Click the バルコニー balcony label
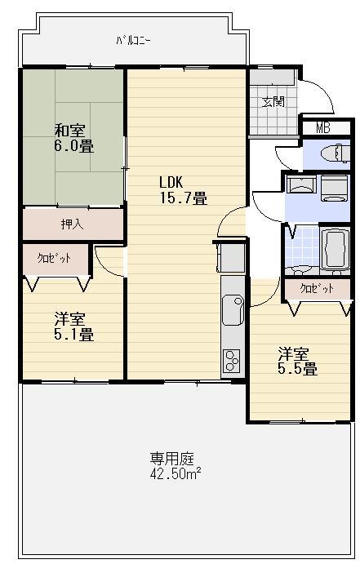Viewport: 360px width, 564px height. point(134,39)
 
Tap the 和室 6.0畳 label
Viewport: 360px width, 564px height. point(73,138)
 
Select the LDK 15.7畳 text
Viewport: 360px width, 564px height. point(182,189)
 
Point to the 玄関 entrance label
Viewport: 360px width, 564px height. point(273,102)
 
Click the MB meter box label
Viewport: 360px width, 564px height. point(323,127)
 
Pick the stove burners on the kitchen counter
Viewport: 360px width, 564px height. point(231,360)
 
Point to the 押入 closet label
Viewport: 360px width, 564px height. point(71,224)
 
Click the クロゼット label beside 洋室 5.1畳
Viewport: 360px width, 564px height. point(53,258)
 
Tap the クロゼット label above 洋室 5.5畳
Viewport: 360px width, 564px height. point(317,289)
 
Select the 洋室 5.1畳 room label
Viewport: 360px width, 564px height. point(73,326)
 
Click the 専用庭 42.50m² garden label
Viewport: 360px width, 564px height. point(176,465)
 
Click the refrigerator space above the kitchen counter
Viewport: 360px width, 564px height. point(231,257)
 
